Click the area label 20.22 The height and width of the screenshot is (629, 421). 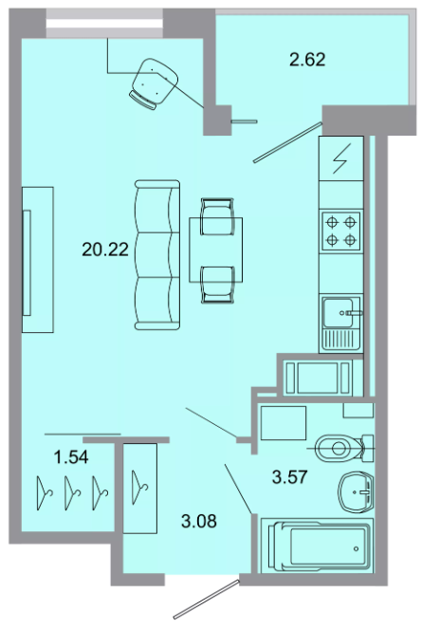tap(105, 250)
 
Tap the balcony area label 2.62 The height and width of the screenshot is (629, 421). tap(307, 60)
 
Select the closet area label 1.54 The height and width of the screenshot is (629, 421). tap(71, 457)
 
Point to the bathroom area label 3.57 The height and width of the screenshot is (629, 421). tap(289, 477)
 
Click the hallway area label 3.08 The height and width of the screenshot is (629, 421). tap(199, 521)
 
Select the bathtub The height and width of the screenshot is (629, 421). tap(317, 546)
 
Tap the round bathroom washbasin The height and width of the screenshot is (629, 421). tap(357, 491)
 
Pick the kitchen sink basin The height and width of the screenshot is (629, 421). tap(339, 313)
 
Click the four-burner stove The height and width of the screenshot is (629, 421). tap(340, 231)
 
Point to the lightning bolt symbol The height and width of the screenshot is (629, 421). tap(341, 158)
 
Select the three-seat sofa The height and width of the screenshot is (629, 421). tap(157, 255)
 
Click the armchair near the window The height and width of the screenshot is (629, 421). tap(154, 84)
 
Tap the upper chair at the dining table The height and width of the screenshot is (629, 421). tap(217, 217)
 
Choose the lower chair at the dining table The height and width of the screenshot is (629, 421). tap(217, 284)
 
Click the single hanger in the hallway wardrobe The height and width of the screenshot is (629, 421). tap(139, 488)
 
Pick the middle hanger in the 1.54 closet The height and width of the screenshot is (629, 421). tap(73, 493)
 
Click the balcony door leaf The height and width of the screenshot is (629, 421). tap(287, 142)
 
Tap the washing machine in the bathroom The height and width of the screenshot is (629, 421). tap(284, 423)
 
